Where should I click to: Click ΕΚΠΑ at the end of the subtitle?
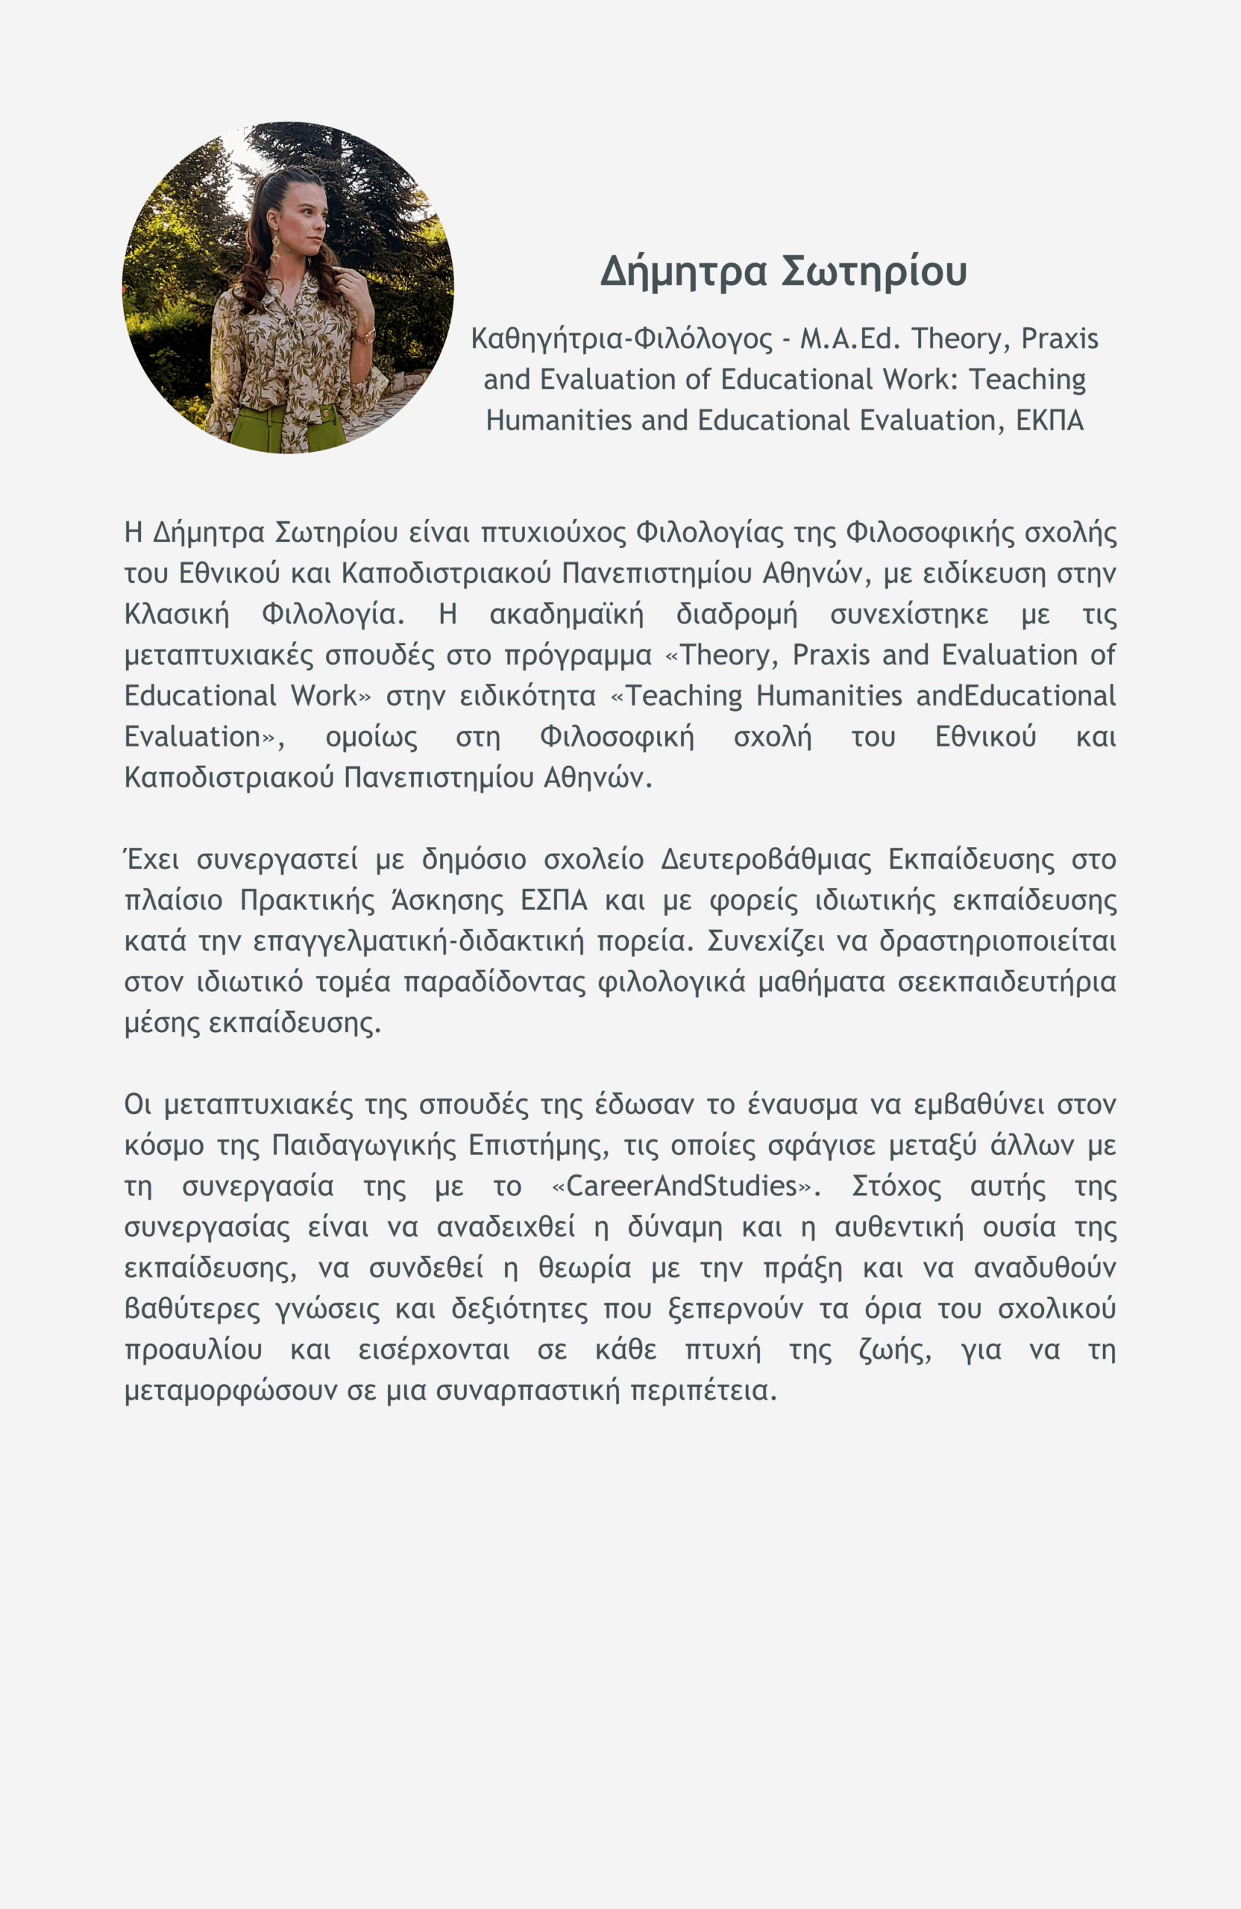point(1049,421)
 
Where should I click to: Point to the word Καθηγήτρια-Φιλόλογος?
point(622,339)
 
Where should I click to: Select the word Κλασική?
point(177,614)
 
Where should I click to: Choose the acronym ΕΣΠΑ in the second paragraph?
point(553,901)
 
